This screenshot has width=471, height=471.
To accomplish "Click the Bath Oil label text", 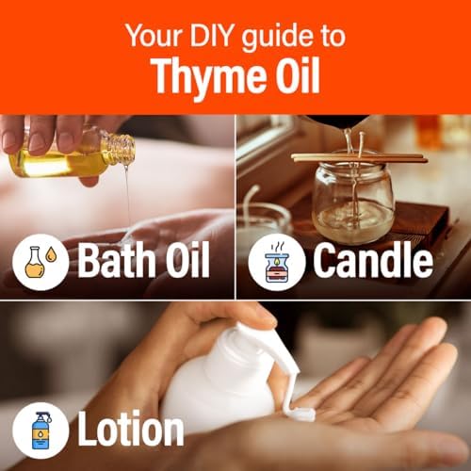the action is click(143, 259).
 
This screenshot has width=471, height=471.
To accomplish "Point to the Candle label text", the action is click(373, 260).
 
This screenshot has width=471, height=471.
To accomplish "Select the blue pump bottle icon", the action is click(41, 430).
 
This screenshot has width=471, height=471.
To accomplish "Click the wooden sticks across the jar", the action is click(360, 158).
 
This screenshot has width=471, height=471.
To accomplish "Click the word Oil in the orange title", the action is click(298, 75).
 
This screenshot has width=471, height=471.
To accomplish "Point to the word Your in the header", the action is click(154, 36).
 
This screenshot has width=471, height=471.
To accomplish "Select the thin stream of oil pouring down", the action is click(127, 196).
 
